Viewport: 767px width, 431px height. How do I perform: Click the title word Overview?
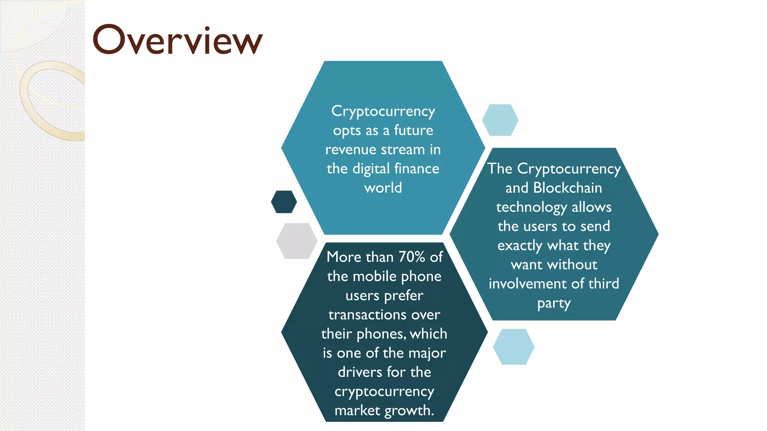[177, 40]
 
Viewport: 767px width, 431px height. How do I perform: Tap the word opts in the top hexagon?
[347, 131]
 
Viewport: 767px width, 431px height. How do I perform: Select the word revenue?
[351, 150]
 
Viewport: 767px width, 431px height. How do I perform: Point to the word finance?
[416, 169]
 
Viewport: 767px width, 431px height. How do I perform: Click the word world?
[383, 188]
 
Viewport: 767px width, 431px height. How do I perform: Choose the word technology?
[531, 207]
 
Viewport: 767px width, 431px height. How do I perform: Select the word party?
[554, 303]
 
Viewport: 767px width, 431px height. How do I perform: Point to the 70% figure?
[412, 257]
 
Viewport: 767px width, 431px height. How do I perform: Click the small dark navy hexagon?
[284, 202]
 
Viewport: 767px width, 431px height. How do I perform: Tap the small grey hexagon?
[297, 241]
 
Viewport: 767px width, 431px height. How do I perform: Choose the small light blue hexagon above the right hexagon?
[500, 120]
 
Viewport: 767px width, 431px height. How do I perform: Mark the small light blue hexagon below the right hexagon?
[513, 347]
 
